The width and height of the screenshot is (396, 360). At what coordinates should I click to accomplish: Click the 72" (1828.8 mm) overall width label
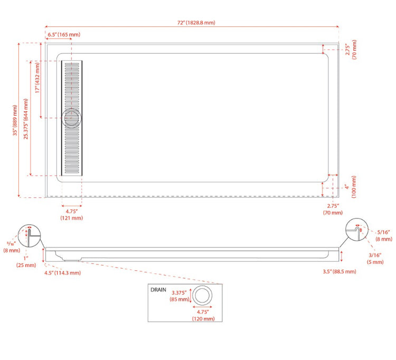196,23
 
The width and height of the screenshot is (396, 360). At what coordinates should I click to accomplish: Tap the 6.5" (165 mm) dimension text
64,35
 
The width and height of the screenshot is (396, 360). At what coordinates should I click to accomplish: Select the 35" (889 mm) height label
15,120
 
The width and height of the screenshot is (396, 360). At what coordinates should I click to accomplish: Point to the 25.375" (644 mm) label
26,119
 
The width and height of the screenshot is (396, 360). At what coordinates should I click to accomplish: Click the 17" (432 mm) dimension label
37,78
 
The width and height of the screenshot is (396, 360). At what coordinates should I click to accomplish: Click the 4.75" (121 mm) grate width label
71,215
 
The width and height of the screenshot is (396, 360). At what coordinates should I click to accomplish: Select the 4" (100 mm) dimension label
351,187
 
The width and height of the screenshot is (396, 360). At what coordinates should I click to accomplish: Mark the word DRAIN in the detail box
158,290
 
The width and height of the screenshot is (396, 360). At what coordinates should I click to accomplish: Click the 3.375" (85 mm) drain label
180,296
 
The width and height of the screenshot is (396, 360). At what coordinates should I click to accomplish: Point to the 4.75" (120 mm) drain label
203,315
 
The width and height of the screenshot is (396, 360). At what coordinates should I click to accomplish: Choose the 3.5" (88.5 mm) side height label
340,272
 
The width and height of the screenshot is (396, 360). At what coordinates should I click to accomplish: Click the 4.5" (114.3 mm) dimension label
63,273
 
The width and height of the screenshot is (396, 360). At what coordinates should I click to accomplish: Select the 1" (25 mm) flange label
26,262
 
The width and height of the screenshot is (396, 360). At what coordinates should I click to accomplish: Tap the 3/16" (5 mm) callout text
375,259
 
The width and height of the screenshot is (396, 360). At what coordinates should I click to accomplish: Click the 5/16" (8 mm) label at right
384,235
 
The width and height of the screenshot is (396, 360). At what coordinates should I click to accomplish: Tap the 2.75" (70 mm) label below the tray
333,209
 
